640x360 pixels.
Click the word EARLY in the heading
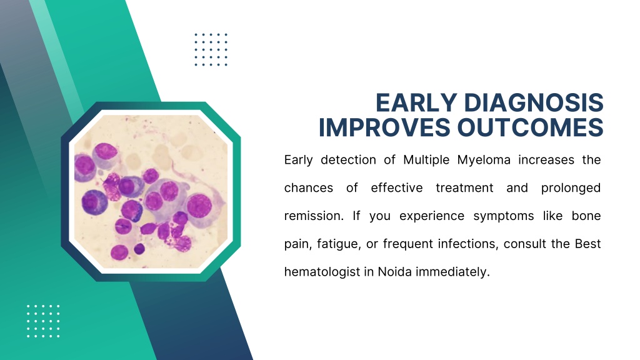pyautogui.click(x=416, y=102)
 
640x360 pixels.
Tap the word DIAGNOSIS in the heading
pyautogui.click(x=534, y=102)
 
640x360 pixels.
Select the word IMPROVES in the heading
pyautogui.click(x=384, y=127)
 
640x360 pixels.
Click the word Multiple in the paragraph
pyautogui.click(x=426, y=160)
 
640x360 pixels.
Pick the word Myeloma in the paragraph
pyautogui.click(x=484, y=161)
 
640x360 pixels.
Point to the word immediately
pyautogui.click(x=452, y=272)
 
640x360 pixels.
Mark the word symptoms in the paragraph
pyautogui.click(x=503, y=216)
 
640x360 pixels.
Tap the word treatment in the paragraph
pyautogui.click(x=464, y=188)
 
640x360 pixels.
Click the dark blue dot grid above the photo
pyautogui.click(x=211, y=49)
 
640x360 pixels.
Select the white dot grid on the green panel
pyautogui.click(x=43, y=321)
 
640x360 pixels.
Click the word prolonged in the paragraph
pyautogui.click(x=571, y=188)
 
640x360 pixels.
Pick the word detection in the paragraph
pyautogui.click(x=348, y=160)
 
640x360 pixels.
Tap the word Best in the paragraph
pyautogui.click(x=587, y=244)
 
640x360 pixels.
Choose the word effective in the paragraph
pyautogui.click(x=396, y=187)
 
